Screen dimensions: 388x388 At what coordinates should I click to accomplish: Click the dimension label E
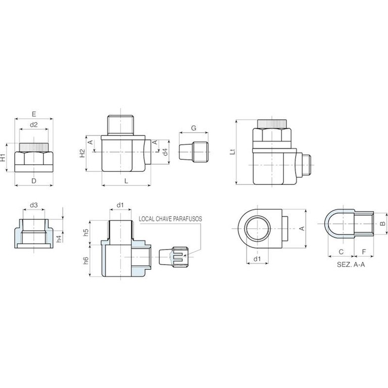[x=34, y=114]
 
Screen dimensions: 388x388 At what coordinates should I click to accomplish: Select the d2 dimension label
[x=34, y=125]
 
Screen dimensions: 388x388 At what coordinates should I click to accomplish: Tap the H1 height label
[x=3, y=158]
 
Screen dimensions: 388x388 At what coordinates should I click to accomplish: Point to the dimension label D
[x=34, y=181]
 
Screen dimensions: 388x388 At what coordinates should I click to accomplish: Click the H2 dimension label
[x=82, y=153]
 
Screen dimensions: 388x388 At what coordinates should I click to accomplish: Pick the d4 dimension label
[x=165, y=152]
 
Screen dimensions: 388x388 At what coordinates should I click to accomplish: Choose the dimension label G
[x=194, y=128]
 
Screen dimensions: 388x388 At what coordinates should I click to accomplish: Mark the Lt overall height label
[x=232, y=152]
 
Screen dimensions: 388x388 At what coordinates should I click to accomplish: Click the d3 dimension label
[x=34, y=205]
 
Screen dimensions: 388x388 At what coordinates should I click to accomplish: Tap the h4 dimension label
[x=59, y=239]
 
